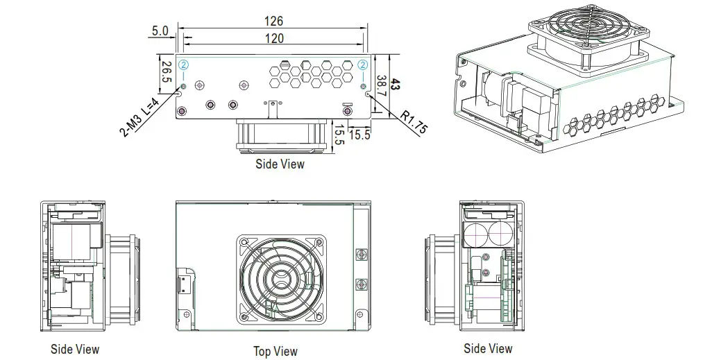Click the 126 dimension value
point(274,22)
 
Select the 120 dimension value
point(274,39)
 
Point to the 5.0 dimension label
point(160,31)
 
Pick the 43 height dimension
point(396,85)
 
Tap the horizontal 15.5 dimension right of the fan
point(359,135)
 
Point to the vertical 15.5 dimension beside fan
point(339,132)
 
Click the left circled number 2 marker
point(183,65)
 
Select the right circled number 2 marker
point(364,65)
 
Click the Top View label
point(276,352)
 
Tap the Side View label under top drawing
point(280,164)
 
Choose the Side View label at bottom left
point(75,349)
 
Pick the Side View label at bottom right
point(488,348)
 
